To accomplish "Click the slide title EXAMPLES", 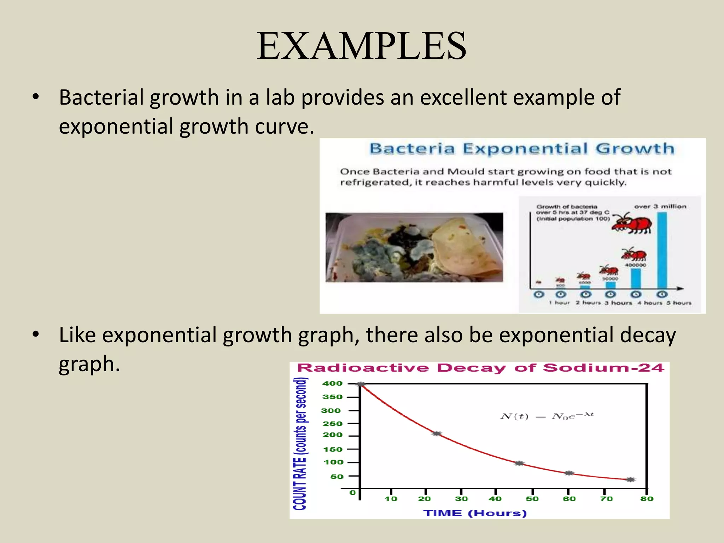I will click(361, 46).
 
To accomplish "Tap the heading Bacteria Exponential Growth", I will click(522, 149).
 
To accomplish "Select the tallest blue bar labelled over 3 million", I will click(662, 250).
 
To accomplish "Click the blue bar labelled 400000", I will click(636, 279).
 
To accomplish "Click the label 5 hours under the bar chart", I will click(679, 303).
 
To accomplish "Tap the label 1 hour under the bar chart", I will click(559, 303).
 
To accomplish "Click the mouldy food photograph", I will click(414, 247).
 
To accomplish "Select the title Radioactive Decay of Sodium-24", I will click(480, 368).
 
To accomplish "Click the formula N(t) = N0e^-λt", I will click(547, 416).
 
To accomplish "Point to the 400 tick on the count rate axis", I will click(332, 384).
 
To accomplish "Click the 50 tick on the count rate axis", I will click(337, 477).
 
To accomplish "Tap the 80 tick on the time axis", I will click(647, 499).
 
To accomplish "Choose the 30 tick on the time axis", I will click(461, 499).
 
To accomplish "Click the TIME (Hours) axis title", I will click(475, 513).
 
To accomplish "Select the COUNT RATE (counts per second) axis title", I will click(300, 444).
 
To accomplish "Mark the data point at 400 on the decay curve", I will click(361, 384).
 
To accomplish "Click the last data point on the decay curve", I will click(631, 480).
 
